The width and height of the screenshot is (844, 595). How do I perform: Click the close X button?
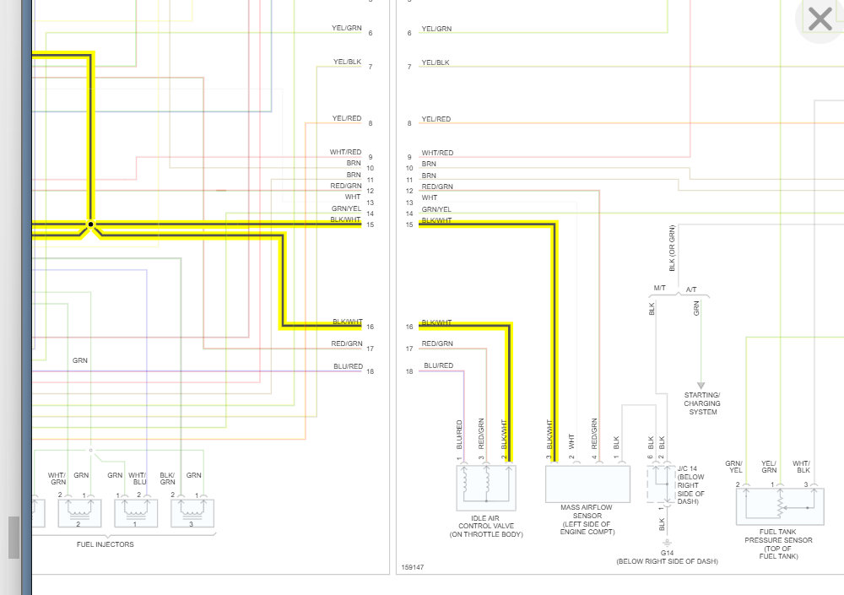820,19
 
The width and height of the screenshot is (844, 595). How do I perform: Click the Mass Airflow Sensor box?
587,483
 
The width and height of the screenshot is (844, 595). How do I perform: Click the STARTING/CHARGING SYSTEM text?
702,403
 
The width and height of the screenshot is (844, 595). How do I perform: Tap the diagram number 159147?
413,567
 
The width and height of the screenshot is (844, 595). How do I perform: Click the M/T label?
659,289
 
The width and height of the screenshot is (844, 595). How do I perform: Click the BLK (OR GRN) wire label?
672,248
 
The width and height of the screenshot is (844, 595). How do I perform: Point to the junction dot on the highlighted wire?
91,225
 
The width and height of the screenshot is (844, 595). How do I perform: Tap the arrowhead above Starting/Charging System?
700,385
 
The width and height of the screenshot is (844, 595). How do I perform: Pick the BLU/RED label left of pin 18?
348,366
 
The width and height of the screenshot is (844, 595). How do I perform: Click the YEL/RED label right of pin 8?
436,119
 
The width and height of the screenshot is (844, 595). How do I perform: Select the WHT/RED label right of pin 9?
437,153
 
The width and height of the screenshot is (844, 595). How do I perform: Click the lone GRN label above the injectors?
80,360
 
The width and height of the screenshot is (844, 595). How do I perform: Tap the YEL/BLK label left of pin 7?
348,62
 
